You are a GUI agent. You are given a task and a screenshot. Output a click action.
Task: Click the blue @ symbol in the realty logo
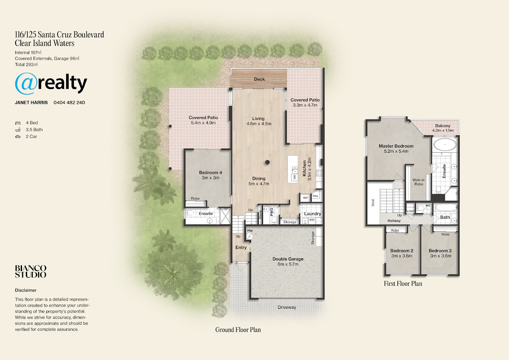pyautogui.click(x=26, y=84)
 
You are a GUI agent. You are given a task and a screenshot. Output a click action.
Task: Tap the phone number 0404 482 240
pyautogui.click(x=69, y=103)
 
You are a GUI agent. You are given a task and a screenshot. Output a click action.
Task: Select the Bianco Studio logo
pyautogui.click(x=31, y=271)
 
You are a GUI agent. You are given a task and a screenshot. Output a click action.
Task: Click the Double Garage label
pyautogui.click(x=288, y=259)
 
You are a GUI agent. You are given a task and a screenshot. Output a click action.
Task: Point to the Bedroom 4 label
pyautogui.click(x=210, y=173)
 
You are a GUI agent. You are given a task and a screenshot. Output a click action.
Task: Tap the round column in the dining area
pyautogui.click(x=268, y=162)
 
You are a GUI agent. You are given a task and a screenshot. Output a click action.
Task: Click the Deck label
pyautogui.click(x=259, y=79)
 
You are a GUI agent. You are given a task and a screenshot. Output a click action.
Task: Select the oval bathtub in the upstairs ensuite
pyautogui.click(x=445, y=145)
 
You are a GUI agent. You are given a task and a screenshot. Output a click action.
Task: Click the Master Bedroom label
pyautogui.click(x=396, y=146)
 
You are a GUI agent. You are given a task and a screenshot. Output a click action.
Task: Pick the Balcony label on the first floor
pyautogui.click(x=443, y=126)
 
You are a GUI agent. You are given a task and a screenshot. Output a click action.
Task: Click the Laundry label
pyautogui.click(x=313, y=214)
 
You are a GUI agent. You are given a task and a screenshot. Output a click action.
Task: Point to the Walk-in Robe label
pyautogui.click(x=418, y=182)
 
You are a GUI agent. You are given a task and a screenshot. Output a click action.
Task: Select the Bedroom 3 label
pyautogui.click(x=440, y=251)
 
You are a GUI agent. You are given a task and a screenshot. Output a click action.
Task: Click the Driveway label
pyautogui.click(x=287, y=307)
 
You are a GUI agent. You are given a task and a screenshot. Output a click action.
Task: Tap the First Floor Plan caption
pyautogui.click(x=403, y=283)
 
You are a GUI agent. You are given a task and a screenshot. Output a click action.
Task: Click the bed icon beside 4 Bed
pyautogui.click(x=18, y=123)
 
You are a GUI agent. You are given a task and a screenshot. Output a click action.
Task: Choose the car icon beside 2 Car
pyautogui.click(x=18, y=137)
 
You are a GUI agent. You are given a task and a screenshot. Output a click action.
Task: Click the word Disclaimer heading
pyautogui.click(x=26, y=290)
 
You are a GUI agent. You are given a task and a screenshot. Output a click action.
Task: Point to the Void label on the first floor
pyautogui.click(x=373, y=203)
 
